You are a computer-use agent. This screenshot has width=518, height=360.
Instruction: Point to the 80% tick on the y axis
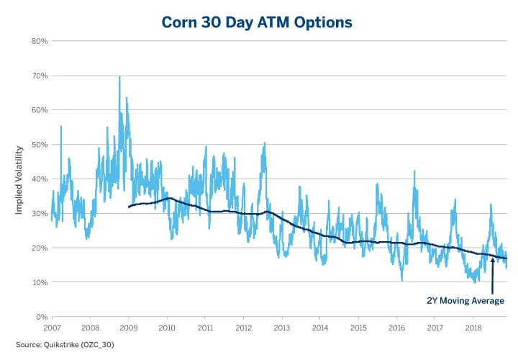coord(39,41)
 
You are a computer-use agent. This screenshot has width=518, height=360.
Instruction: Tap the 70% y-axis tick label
coord(39,76)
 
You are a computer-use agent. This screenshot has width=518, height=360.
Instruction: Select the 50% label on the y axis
coord(39,145)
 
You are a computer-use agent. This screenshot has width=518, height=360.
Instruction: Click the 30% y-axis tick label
coord(39,213)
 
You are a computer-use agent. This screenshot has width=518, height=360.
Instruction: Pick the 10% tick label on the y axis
coord(39,282)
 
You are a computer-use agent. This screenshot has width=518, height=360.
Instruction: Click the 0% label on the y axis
coord(41,317)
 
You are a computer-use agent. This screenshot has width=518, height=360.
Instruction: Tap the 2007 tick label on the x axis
coord(52,328)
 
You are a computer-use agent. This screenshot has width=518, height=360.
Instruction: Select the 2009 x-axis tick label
coord(128,328)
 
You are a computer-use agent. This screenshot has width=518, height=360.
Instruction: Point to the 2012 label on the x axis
coord(243,328)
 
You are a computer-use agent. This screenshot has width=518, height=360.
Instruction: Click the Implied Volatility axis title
coord(19,179)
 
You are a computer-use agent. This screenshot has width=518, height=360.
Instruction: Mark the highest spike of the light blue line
coord(119,76)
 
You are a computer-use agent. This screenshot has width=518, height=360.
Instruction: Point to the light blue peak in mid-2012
coord(265,143)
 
